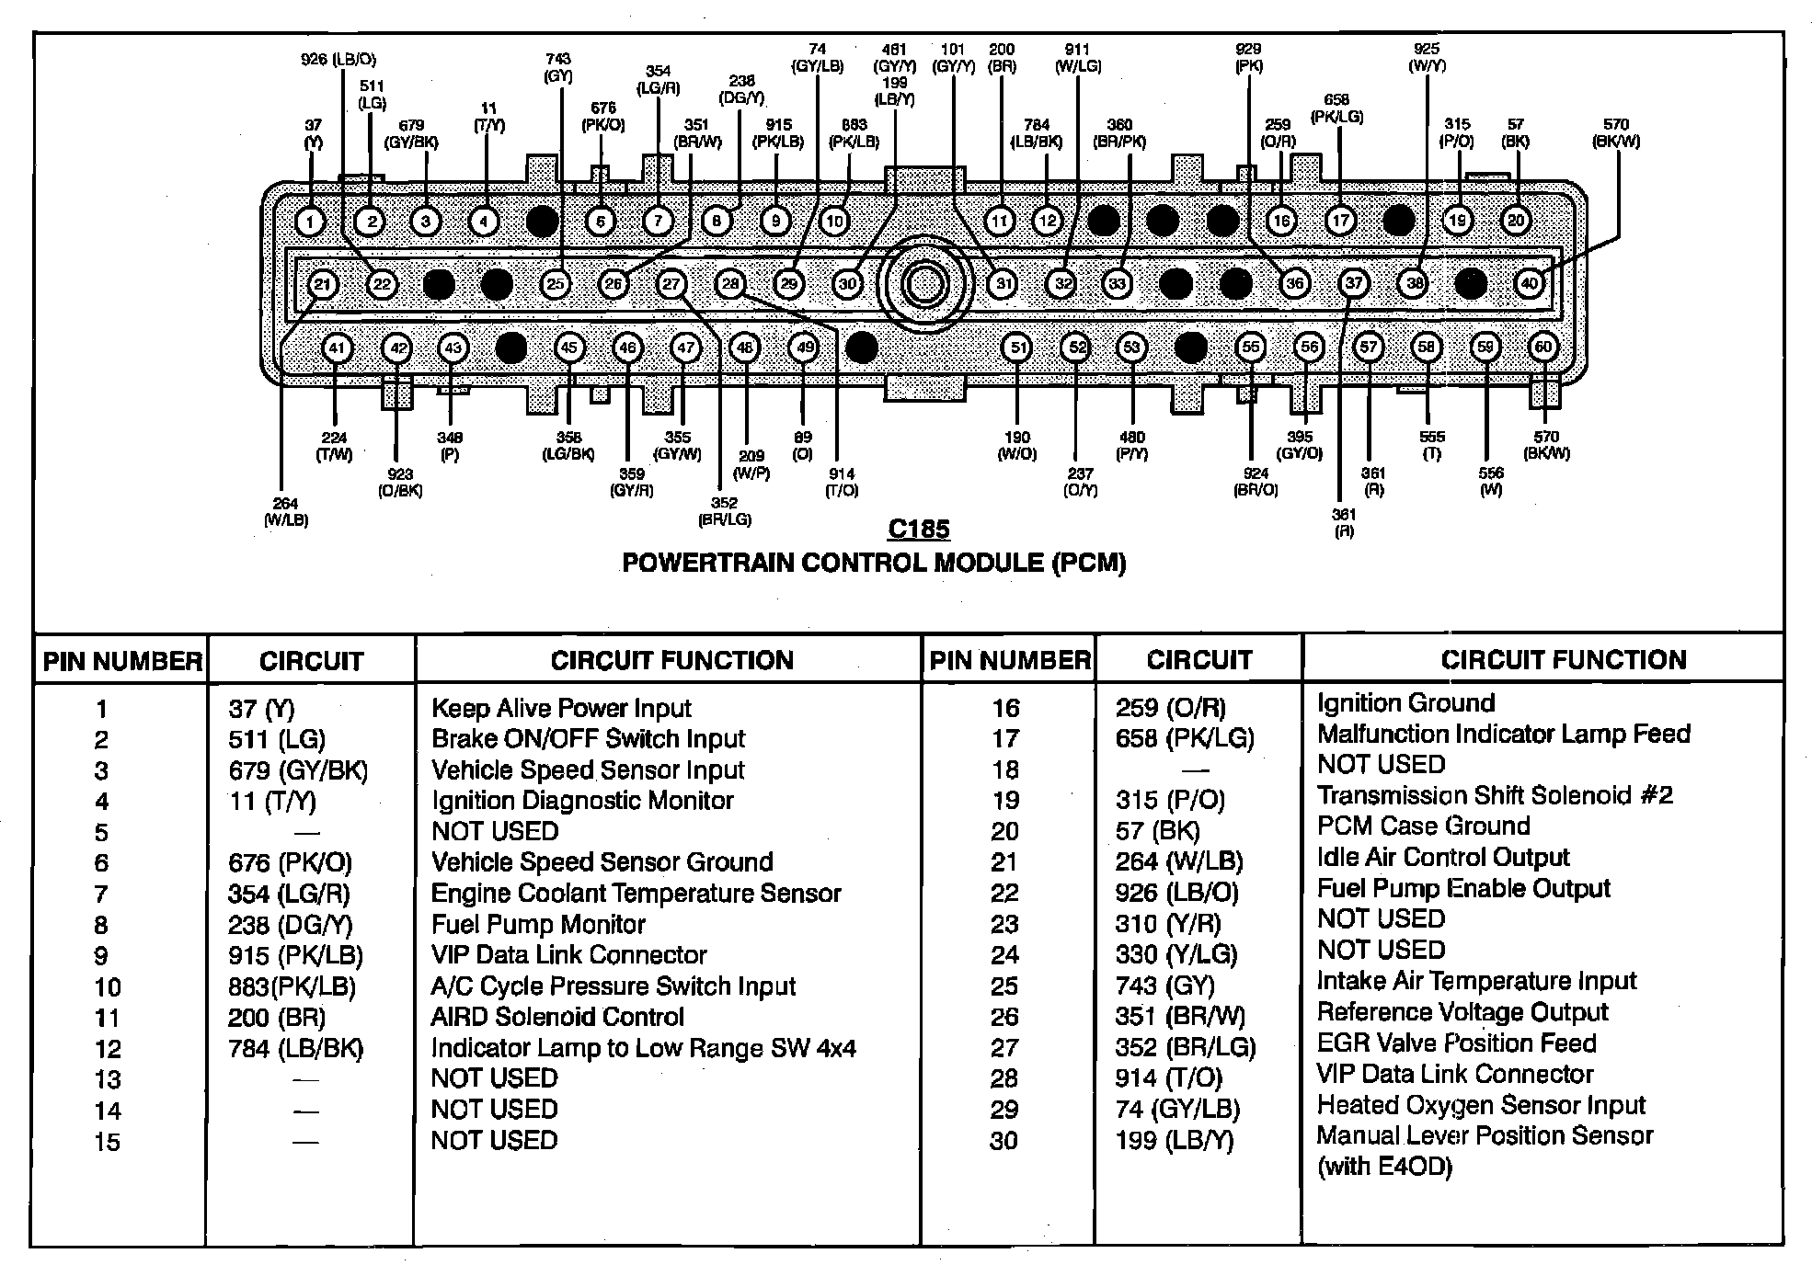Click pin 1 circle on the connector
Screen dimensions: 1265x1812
coord(311,222)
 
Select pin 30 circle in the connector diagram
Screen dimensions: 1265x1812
coord(847,284)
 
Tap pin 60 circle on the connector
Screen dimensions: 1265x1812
coord(1543,348)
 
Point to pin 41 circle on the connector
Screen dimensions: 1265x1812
coord(338,348)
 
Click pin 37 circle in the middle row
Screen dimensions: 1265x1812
coord(1354,283)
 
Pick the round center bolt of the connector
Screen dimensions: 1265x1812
coord(923,284)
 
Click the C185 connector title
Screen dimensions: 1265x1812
coord(919,530)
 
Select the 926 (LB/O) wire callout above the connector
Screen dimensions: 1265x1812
coord(338,60)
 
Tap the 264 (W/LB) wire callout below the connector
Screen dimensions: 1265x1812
coord(286,512)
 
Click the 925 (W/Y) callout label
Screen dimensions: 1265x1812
coord(1427,57)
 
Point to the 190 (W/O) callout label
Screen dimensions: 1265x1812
coord(1016,446)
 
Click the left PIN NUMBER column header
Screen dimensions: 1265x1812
coord(122,661)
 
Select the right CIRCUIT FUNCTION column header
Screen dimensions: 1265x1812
coord(1563,660)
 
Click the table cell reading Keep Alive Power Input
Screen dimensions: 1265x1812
coord(561,709)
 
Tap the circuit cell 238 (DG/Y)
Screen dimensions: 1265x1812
coord(290,925)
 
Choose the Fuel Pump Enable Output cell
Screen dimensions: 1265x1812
coord(1463,889)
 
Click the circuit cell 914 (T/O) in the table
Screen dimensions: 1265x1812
coord(1168,1077)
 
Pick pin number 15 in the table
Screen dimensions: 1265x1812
coord(107,1142)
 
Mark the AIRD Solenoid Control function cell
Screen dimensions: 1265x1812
coord(557,1017)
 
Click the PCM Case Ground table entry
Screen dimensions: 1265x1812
coord(1423,826)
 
